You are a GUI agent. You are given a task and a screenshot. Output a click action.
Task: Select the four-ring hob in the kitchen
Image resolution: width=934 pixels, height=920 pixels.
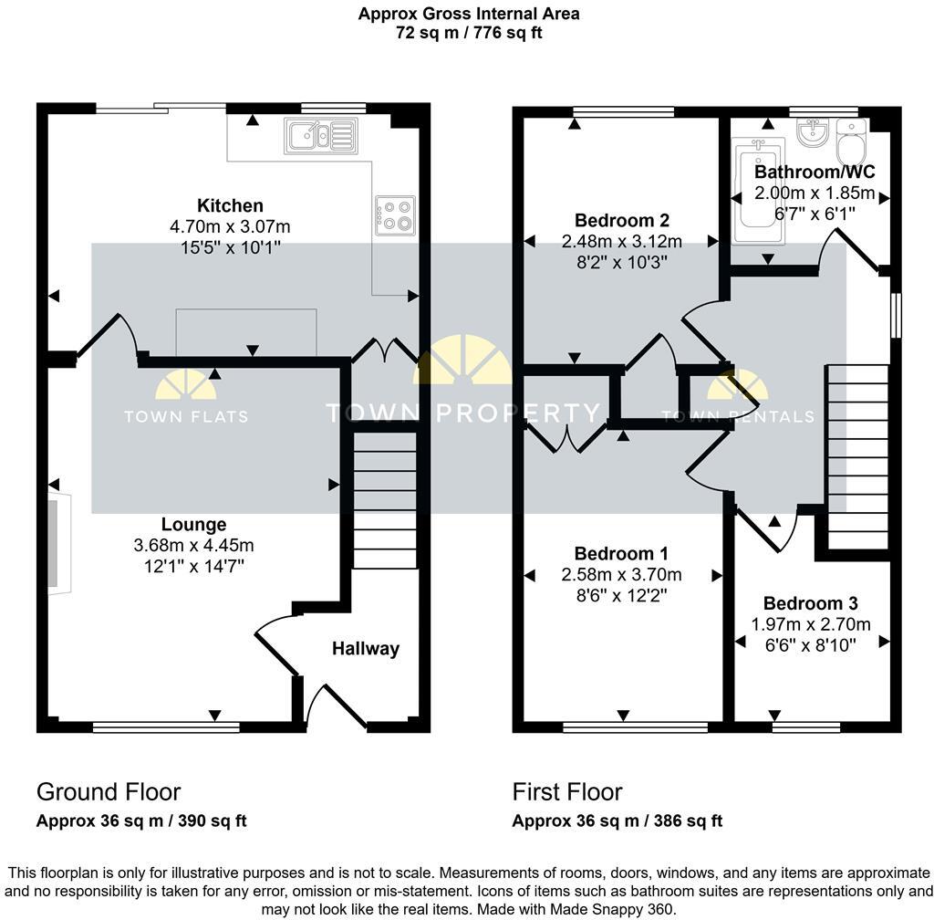395,215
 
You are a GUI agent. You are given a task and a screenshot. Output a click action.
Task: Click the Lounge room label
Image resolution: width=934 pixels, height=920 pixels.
193,525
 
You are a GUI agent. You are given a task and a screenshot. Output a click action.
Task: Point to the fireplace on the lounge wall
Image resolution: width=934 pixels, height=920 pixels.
57,544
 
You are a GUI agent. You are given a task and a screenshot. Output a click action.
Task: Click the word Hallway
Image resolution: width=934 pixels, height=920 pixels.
365,649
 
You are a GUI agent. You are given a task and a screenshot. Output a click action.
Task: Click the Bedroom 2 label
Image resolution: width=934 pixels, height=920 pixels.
622,220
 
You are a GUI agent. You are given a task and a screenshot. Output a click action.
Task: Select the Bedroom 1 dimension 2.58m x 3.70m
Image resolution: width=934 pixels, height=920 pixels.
621,575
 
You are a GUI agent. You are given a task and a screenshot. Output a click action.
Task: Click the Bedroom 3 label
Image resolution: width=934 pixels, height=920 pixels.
810,603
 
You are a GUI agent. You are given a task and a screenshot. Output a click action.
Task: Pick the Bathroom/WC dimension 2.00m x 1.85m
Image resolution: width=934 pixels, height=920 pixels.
814,193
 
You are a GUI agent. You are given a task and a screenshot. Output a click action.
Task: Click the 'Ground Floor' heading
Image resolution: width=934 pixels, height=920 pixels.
109,791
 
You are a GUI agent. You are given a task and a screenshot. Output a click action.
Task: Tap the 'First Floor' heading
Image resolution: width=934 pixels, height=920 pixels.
567,791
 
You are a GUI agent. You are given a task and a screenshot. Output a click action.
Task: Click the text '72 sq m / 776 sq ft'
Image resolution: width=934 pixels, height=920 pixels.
468,33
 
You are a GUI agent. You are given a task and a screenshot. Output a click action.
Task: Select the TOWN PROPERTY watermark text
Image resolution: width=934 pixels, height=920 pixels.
463,413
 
